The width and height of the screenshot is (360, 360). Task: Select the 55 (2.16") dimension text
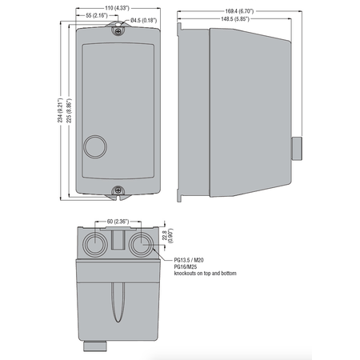[97, 15]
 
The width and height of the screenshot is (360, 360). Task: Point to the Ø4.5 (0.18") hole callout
[143, 21]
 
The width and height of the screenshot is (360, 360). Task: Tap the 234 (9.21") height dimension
[61, 110]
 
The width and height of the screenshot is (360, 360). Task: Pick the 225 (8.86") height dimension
[69, 110]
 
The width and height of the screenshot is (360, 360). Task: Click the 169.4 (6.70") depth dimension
[239, 11]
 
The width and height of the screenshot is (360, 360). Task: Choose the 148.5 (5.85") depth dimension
[235, 18]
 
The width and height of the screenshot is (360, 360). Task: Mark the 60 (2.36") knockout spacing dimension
[118, 222]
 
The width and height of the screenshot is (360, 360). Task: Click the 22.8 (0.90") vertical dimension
[168, 235]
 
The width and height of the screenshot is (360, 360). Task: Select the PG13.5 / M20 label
[189, 260]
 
